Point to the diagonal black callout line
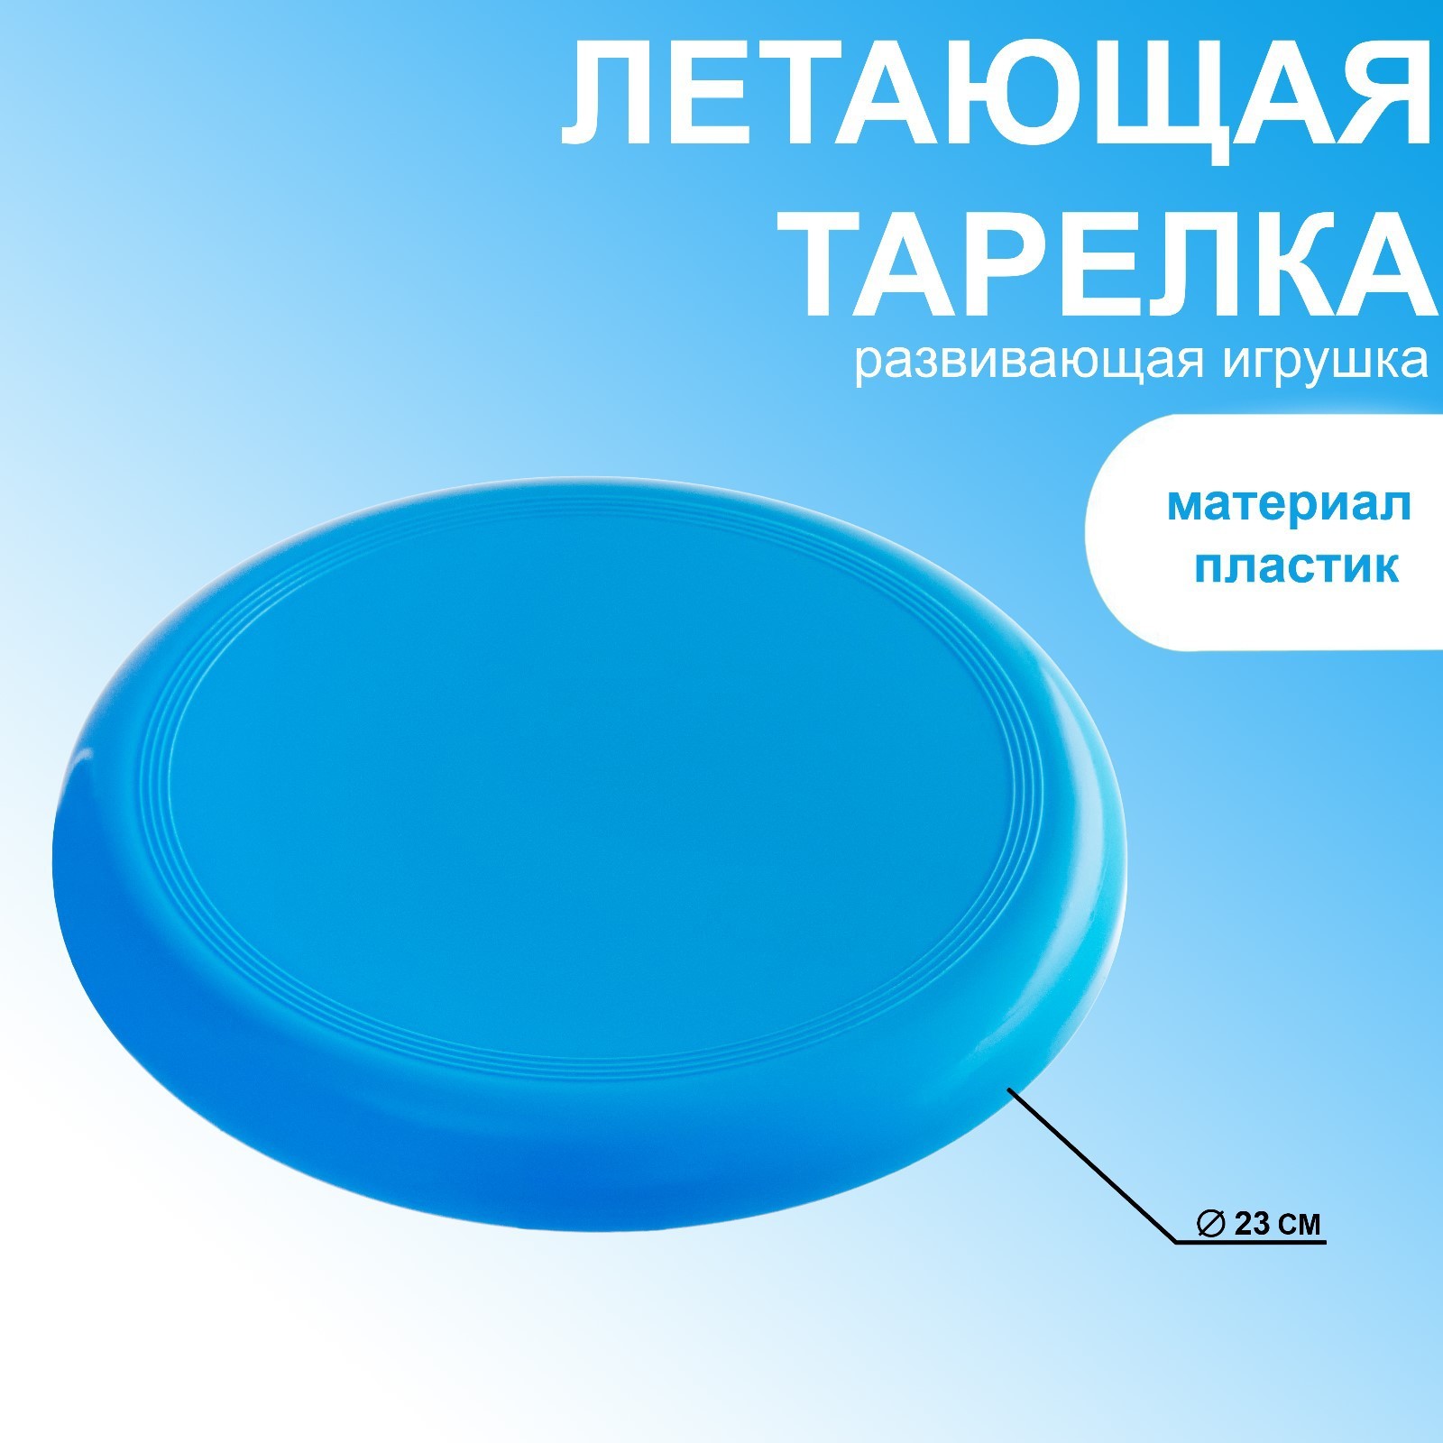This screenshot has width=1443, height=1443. pyautogui.click(x=1091, y=1166)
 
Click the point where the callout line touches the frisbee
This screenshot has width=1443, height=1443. pyautogui.click(x=1007, y=1089)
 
